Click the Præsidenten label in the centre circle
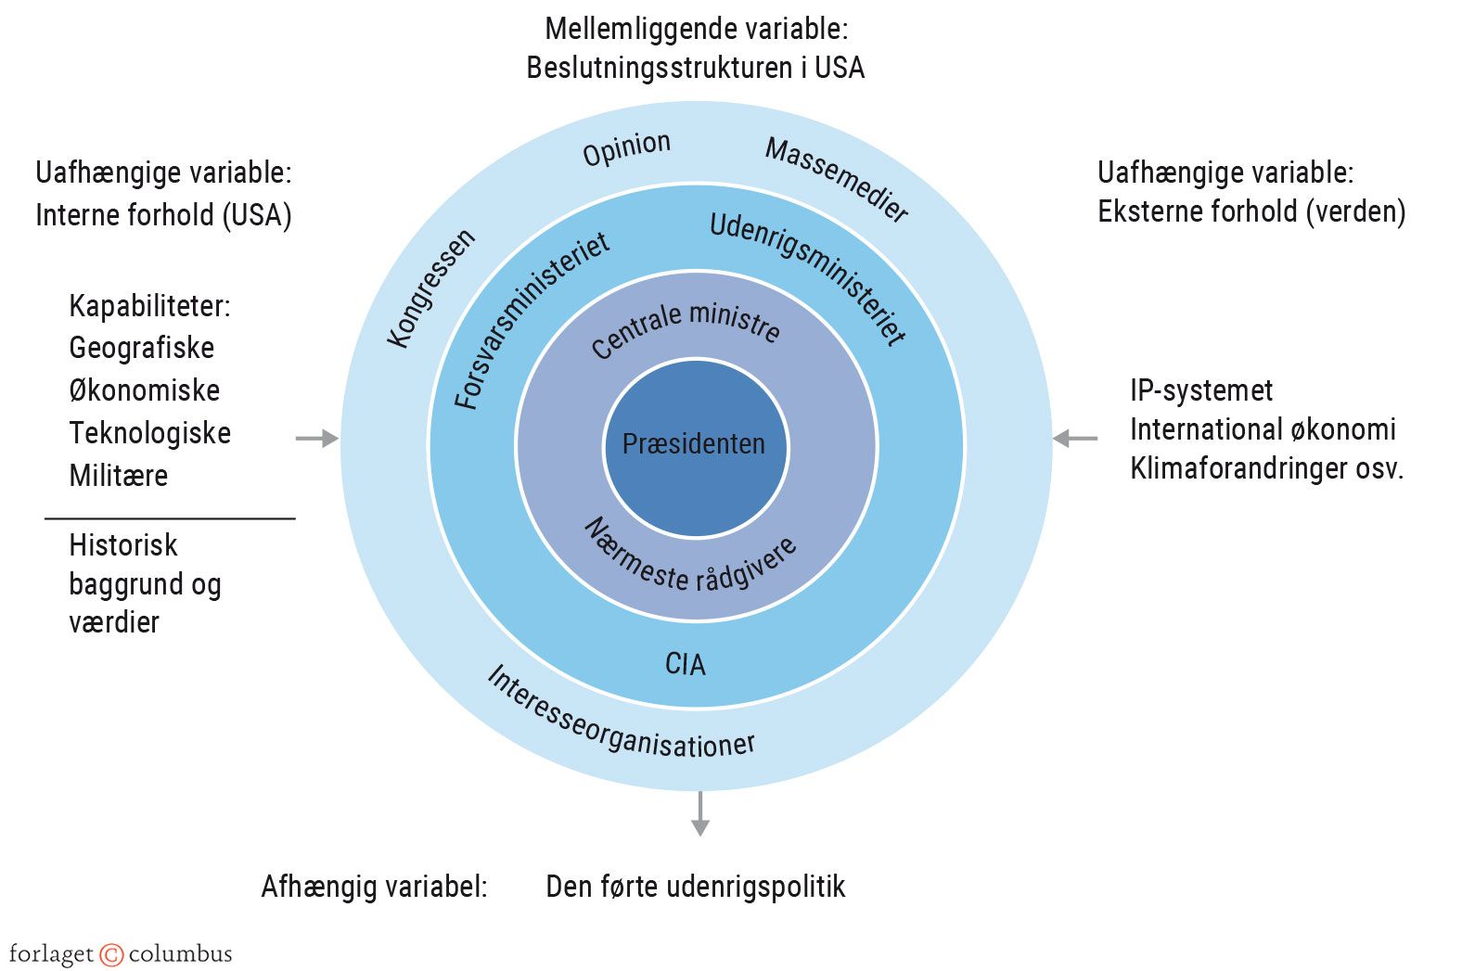(x=694, y=444)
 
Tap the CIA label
(x=686, y=664)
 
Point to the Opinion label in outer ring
(x=626, y=148)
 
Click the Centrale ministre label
(x=686, y=328)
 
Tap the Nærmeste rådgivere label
(x=690, y=558)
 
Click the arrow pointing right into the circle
(x=317, y=438)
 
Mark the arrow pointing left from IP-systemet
(x=1075, y=438)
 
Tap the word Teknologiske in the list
(x=149, y=433)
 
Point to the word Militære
(x=118, y=476)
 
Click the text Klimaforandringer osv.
(x=1266, y=468)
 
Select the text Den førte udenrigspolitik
(x=695, y=887)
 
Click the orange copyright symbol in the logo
(x=111, y=954)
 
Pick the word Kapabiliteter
(x=148, y=306)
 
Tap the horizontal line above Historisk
(x=170, y=518)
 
